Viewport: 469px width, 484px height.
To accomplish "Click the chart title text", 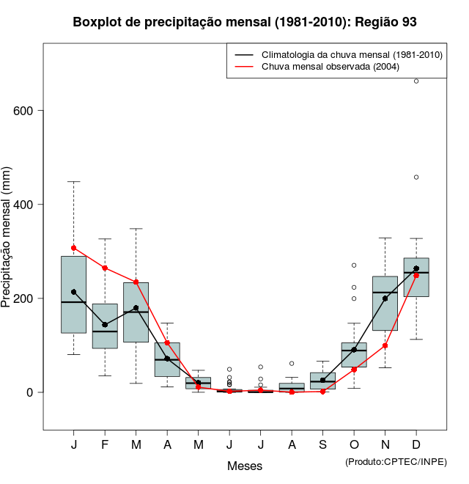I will click(245, 22).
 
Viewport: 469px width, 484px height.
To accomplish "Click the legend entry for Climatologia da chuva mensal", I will click(352, 55).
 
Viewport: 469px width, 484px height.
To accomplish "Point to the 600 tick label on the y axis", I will click(27, 111).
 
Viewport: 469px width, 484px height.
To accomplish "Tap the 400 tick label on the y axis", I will click(27, 205).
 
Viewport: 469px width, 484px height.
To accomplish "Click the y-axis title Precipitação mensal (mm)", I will click(7, 245).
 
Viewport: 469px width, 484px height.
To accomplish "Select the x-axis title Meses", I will click(245, 466).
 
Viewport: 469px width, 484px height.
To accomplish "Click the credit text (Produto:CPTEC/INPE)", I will click(396, 461).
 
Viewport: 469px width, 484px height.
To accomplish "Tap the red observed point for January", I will click(74, 248).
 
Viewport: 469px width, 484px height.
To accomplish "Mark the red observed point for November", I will click(385, 345).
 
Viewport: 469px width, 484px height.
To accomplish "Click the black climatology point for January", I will click(74, 292).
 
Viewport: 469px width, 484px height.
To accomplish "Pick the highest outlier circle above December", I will click(416, 81).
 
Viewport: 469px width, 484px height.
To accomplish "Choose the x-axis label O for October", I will click(354, 445).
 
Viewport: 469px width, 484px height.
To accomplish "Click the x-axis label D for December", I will click(416, 445).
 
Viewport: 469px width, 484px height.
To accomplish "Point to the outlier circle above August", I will click(292, 363).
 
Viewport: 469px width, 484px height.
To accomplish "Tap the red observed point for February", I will click(105, 268).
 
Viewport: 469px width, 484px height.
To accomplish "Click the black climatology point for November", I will click(385, 298).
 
